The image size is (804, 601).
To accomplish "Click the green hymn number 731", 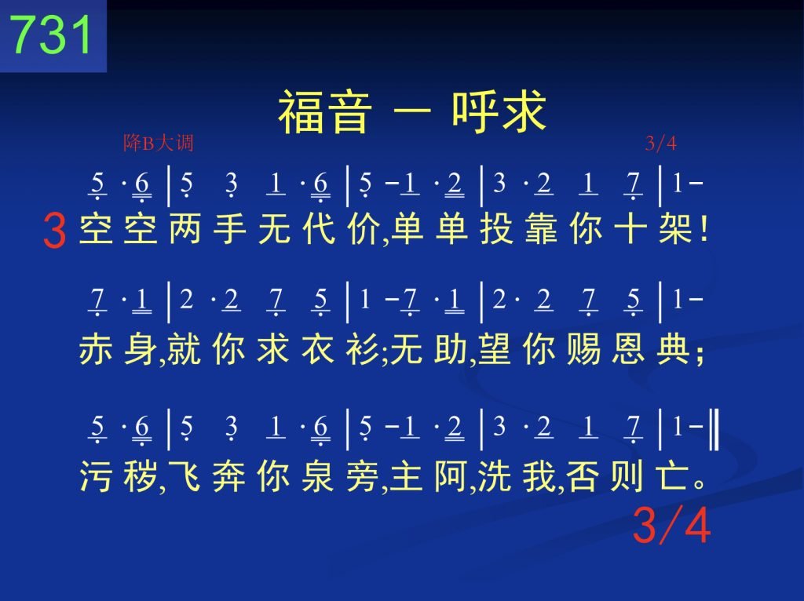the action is pos(51,34).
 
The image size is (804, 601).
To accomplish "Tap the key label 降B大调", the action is pos(158,143).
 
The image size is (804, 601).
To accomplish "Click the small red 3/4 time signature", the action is pos(660,143).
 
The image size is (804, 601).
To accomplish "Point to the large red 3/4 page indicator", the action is pos(672,525).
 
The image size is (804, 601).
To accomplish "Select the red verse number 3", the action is pos(54,231).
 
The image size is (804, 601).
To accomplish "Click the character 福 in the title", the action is pos(301,112).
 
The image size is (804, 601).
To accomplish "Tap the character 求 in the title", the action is pos(523,112).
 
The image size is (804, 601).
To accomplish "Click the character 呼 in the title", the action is pos(475,112).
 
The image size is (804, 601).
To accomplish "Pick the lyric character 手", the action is pos(229,228).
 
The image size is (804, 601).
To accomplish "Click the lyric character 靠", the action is pos(542,228).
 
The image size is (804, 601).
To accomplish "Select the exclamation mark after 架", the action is pos(704,228).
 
